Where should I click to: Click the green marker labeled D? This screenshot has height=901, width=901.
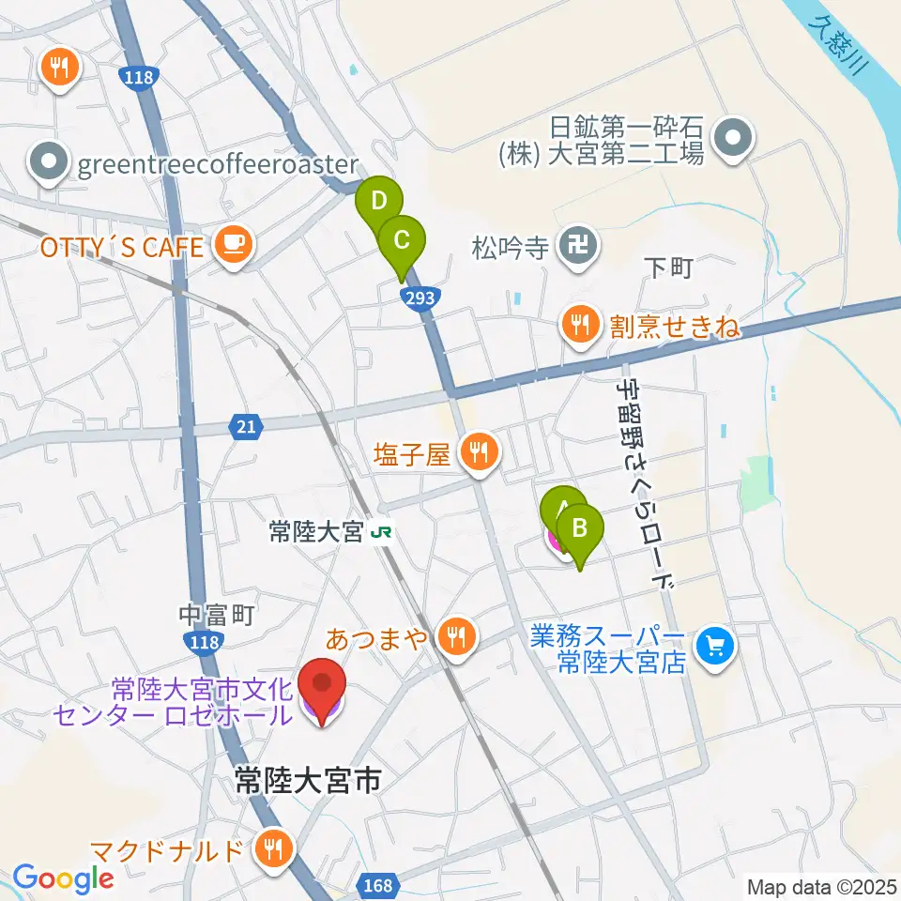click(x=378, y=201)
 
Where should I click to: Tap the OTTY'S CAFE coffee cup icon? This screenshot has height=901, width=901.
click(x=231, y=247)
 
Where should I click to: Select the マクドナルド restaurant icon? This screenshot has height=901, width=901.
click(x=274, y=851)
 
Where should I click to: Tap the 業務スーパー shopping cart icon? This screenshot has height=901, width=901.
click(x=715, y=647)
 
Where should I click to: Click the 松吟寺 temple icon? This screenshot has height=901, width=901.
click(x=573, y=247)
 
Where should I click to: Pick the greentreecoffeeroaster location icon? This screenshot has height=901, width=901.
click(x=49, y=165)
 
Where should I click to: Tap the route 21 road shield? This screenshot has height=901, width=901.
click(x=245, y=428)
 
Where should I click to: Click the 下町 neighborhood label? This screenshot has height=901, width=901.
click(x=668, y=268)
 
